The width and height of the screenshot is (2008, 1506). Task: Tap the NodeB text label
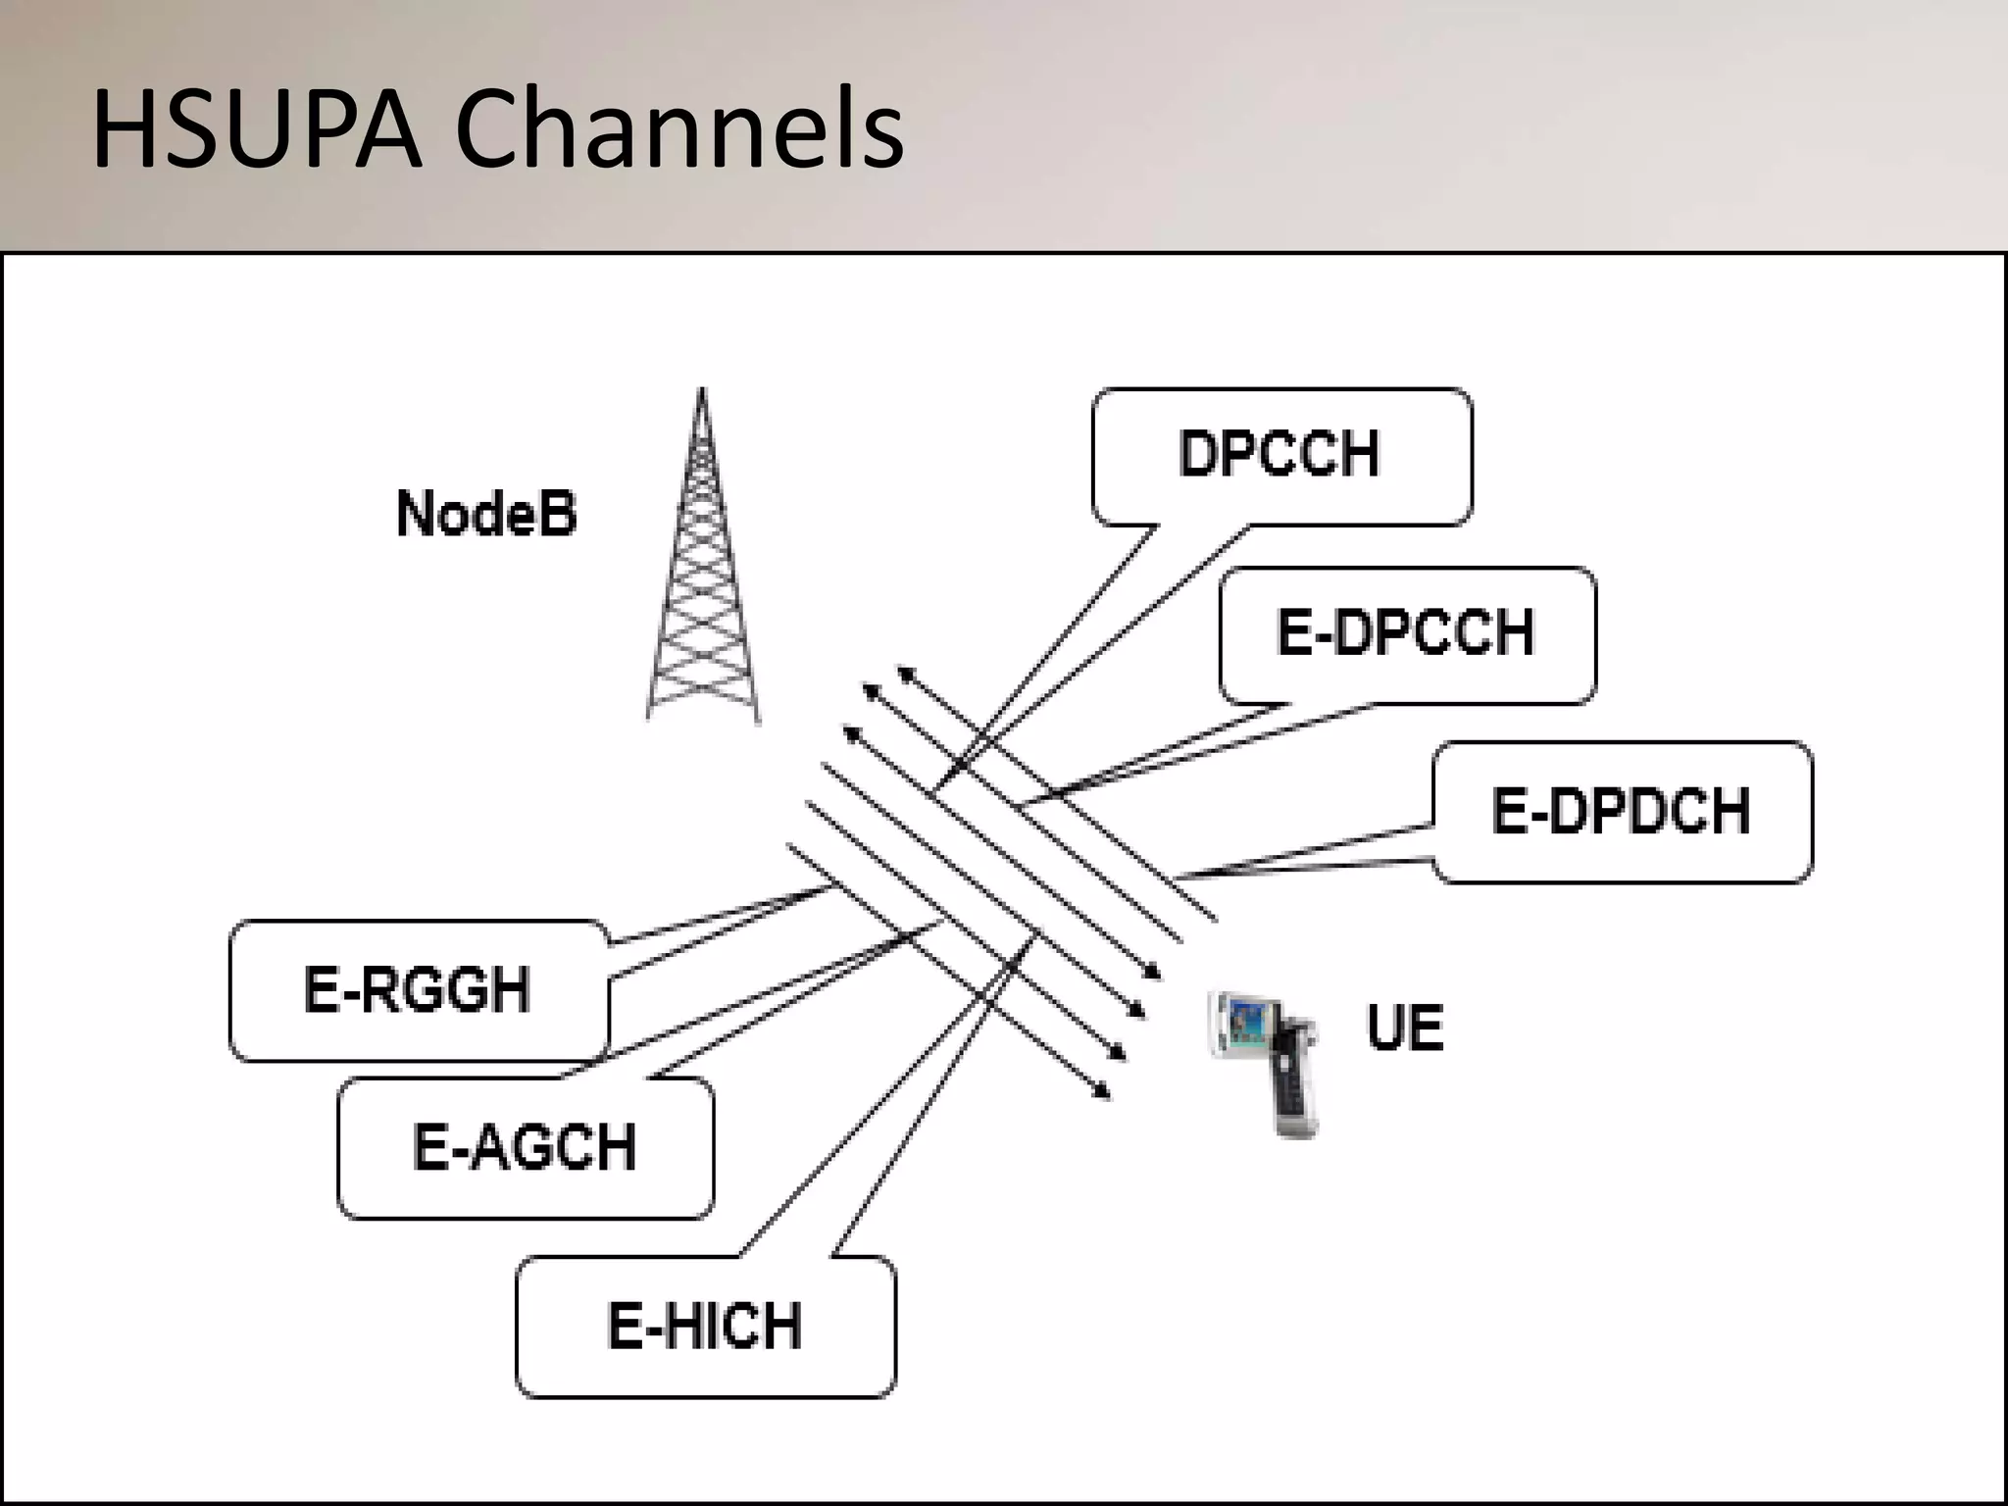pos(486,514)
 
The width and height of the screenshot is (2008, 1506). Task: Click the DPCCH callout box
pos(1280,455)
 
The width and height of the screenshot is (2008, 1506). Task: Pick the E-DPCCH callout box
pos(1406,633)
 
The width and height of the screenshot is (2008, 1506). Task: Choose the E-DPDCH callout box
pos(1622,812)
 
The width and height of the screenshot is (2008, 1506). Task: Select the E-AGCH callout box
pos(526,1147)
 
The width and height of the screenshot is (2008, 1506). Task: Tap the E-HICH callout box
pos(704,1327)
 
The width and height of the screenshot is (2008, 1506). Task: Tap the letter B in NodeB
pos(559,514)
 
